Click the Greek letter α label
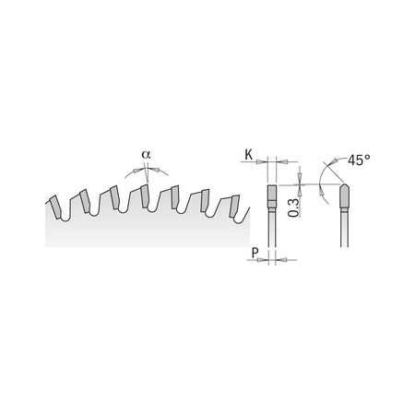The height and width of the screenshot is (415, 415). pyautogui.click(x=146, y=154)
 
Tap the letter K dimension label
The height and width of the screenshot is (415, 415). pyautogui.click(x=248, y=155)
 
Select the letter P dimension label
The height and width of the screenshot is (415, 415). pyautogui.click(x=255, y=254)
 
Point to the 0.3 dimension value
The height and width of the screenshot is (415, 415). pyautogui.click(x=294, y=207)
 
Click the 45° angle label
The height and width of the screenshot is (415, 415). pyautogui.click(x=359, y=160)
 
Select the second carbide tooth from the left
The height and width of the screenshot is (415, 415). pyautogui.click(x=85, y=201)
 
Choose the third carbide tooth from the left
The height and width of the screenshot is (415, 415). pyautogui.click(x=114, y=197)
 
